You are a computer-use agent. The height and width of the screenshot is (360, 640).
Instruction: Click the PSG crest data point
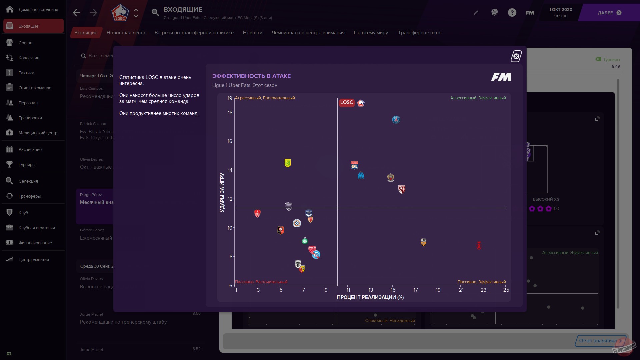(x=396, y=120)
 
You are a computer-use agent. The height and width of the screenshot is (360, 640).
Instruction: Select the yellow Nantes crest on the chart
(x=288, y=163)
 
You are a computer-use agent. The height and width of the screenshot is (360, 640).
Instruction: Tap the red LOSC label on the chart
(x=346, y=103)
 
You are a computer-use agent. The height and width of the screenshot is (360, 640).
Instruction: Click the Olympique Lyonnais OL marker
(x=354, y=165)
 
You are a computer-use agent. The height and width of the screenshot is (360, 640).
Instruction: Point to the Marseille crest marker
(x=361, y=175)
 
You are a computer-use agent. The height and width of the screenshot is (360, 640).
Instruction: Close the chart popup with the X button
(x=516, y=56)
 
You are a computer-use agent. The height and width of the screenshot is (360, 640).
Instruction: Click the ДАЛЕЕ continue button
(x=609, y=13)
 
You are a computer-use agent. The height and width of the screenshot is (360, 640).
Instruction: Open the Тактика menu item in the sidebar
(x=26, y=73)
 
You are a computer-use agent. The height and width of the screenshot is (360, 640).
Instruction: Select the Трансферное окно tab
(x=419, y=33)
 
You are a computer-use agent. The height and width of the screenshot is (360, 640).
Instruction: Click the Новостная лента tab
(x=126, y=33)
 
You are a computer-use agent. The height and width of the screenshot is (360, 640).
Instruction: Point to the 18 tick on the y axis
(x=230, y=113)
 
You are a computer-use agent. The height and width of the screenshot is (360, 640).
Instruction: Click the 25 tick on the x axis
(x=506, y=290)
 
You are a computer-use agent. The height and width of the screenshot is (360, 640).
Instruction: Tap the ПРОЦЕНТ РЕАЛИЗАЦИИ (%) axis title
(x=370, y=297)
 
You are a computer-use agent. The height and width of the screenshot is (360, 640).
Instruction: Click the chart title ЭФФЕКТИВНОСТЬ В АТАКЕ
(x=251, y=76)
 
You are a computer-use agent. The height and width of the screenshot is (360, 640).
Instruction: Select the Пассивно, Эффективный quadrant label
(x=481, y=282)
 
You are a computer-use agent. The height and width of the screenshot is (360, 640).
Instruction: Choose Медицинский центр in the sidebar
(x=38, y=133)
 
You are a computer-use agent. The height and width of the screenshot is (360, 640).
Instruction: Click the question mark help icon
(x=512, y=13)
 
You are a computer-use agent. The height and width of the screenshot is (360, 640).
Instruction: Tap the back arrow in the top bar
(x=77, y=13)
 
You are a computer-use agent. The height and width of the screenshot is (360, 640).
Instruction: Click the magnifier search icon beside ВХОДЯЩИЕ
(x=155, y=13)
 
